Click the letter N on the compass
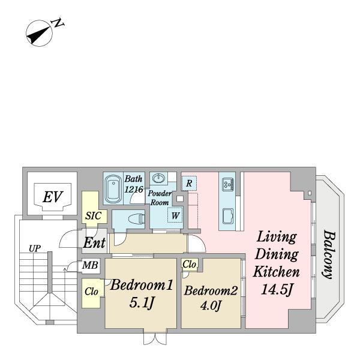point(58,23)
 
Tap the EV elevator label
point(52,197)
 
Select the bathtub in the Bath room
point(113,188)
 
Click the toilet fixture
point(136,218)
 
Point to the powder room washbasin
point(158,178)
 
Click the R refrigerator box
point(189,183)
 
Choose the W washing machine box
point(175,215)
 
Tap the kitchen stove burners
point(228,184)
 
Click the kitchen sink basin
point(229,216)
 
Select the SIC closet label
point(94,216)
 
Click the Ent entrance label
point(94,242)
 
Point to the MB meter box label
point(90,265)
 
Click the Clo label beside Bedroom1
point(91,292)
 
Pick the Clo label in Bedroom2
point(189,264)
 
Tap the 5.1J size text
point(141,303)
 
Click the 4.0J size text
point(211,305)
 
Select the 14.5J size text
point(277,290)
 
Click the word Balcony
point(329,255)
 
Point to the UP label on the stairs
point(35,248)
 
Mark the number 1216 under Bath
point(134,190)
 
